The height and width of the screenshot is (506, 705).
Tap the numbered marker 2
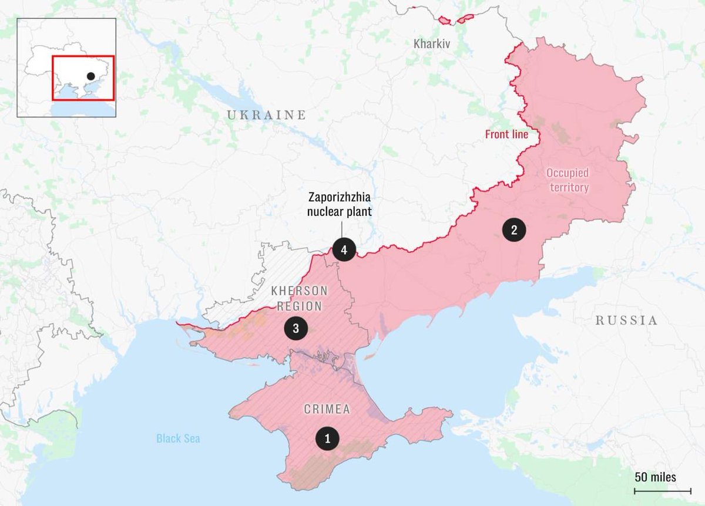[x=514, y=230]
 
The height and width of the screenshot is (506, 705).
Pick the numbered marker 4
[x=344, y=251]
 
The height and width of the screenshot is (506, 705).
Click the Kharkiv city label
[x=432, y=43]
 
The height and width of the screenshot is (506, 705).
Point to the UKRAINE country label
[x=267, y=115]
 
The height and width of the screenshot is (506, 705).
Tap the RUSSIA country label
[x=626, y=321]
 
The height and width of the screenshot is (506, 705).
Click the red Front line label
[x=506, y=134]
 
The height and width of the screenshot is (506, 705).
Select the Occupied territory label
[x=567, y=180]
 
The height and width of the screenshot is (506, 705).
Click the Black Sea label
[x=178, y=438]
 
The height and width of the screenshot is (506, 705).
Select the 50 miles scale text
[x=655, y=477]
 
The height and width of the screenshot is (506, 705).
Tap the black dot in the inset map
[x=90, y=76]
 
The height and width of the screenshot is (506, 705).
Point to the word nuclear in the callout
[x=324, y=212]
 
